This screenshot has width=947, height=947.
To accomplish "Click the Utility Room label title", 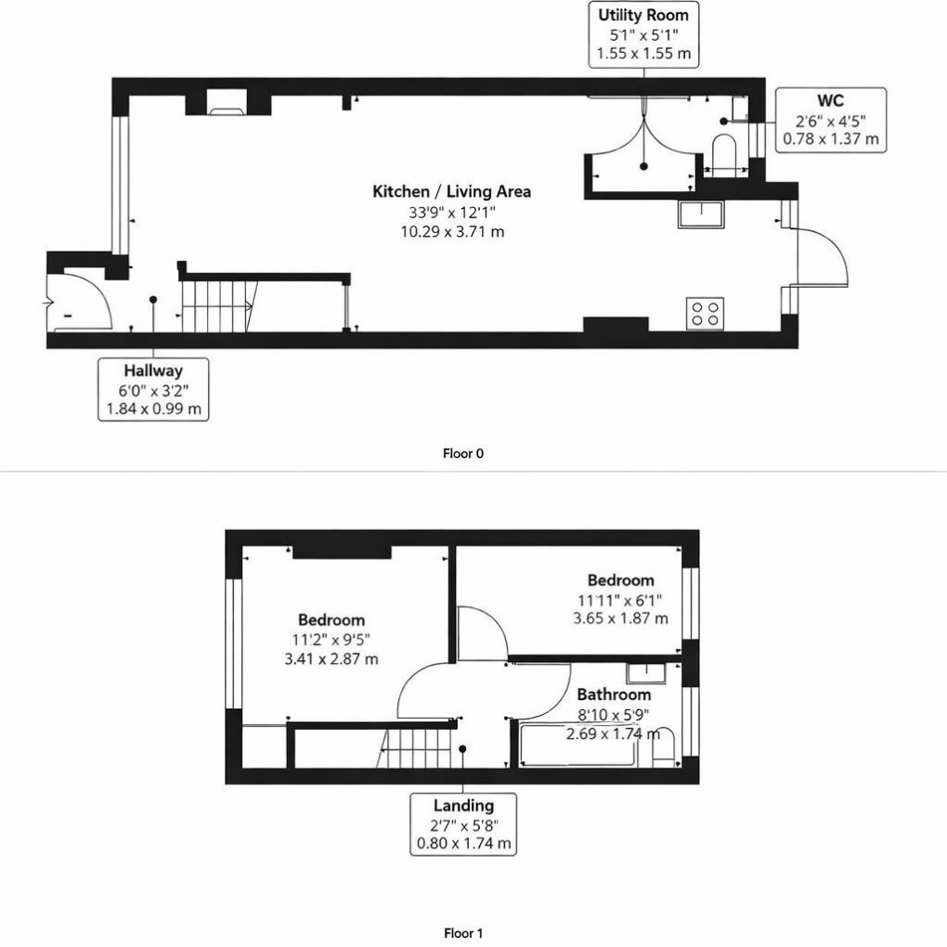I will point(642,16).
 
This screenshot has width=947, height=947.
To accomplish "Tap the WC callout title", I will point(830,101).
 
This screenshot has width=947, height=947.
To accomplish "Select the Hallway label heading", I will point(153,370).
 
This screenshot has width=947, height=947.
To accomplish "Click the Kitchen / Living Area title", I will point(451,192).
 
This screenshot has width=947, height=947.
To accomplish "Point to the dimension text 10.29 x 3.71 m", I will point(451,232).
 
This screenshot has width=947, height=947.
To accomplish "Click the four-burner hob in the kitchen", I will point(706,312).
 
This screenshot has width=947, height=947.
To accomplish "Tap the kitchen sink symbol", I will point(698,214).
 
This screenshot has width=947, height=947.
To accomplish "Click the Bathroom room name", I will point(614,694).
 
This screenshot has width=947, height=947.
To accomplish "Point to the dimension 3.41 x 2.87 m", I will point(331,659).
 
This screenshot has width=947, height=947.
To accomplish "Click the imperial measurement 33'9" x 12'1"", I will point(451,213).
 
